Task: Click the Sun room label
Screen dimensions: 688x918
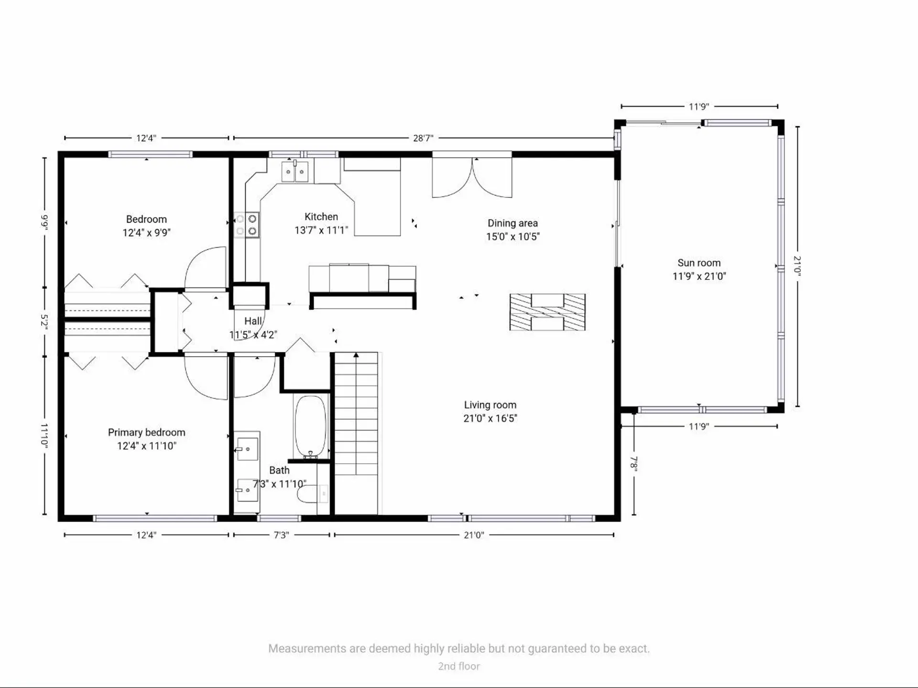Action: point(699,263)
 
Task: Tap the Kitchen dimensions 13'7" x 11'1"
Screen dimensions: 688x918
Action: point(321,230)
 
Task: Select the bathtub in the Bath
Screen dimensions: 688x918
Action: point(311,426)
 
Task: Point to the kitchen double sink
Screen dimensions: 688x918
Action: point(295,172)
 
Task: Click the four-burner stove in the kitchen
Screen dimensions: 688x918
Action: point(247,225)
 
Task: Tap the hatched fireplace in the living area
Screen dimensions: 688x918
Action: point(547,312)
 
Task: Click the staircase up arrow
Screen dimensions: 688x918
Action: point(356,355)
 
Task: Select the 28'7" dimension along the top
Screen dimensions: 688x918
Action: point(423,138)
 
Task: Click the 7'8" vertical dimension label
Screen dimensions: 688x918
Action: point(634,463)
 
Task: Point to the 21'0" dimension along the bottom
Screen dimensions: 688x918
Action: point(473,535)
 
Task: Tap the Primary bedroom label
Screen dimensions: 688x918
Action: point(146,433)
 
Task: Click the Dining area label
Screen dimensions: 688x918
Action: point(513,223)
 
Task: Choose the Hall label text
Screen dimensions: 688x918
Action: point(253,321)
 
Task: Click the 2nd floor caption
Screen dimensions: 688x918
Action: point(459,666)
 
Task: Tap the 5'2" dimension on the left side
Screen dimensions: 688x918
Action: point(44,321)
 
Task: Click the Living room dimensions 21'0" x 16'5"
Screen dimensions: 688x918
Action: point(490,418)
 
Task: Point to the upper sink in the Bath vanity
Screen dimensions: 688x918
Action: point(248,449)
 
